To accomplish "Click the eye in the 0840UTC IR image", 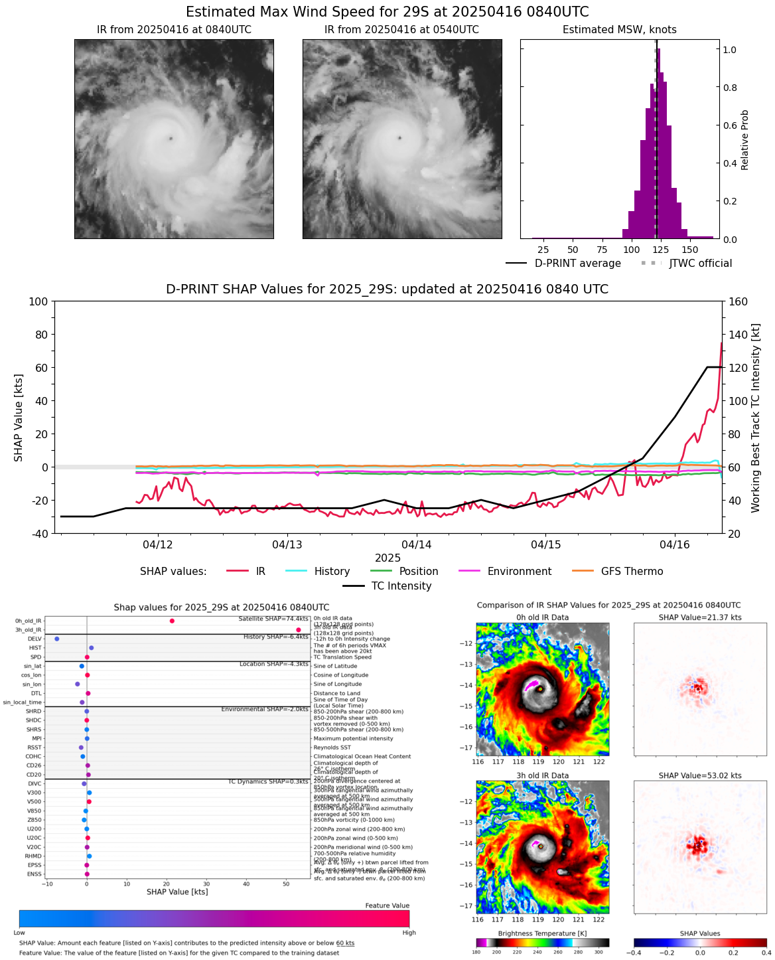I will (171, 138).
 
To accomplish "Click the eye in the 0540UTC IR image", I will (399, 138).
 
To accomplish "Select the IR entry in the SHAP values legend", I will (260, 572).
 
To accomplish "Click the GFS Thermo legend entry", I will (632, 572).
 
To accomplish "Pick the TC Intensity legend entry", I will (401, 586).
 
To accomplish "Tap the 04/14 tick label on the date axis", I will (417, 545).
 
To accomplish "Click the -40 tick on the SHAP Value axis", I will (38, 534).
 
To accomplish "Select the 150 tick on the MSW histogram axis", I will (690, 250).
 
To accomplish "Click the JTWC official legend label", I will (700, 264).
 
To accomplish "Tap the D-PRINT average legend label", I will (577, 264).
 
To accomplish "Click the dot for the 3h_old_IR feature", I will (299, 630).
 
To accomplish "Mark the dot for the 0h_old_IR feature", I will (172, 621).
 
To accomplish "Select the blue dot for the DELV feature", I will (57, 639).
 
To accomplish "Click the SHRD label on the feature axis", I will (34, 712).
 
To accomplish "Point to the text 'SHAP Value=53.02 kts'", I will (699, 775).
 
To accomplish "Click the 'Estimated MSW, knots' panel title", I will (619, 30).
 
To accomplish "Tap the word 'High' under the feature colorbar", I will (409, 933).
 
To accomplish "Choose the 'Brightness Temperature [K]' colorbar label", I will (542, 933).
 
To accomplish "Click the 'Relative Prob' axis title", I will (744, 139).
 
